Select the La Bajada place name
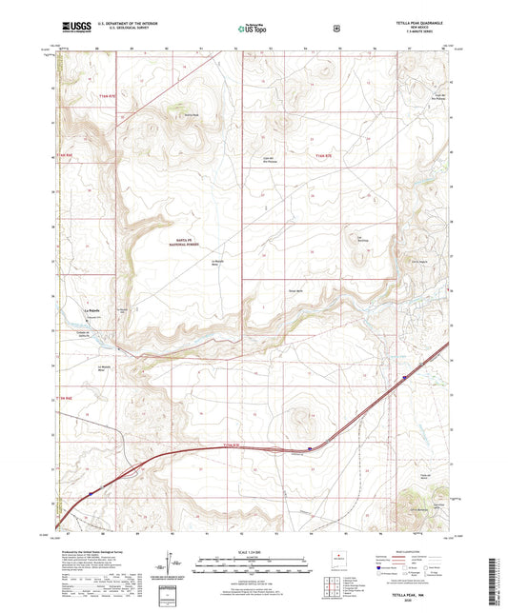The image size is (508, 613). (x=92, y=311)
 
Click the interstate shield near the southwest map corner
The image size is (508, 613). (x=91, y=493)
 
